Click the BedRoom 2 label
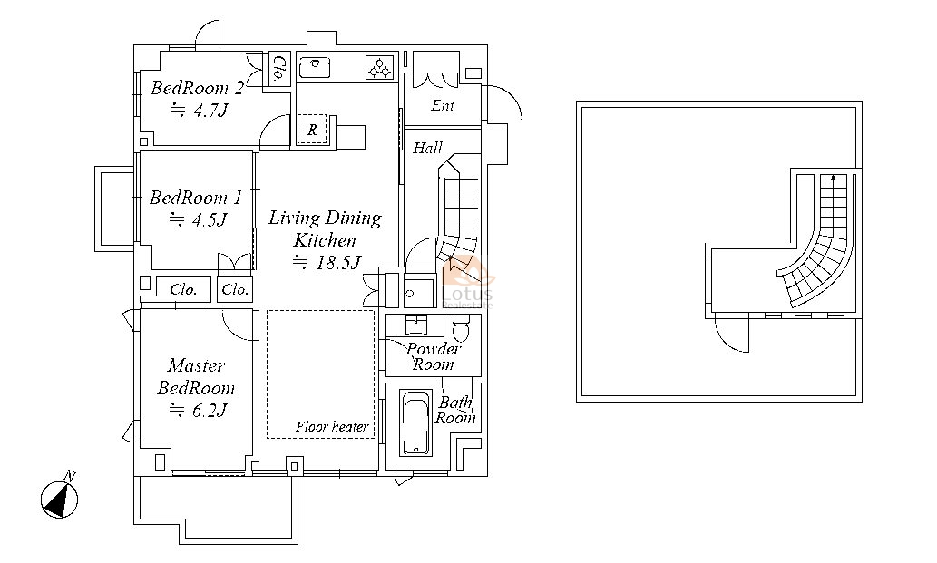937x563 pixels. [197, 88]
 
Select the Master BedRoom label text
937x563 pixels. [196, 377]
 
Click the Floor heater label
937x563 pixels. [332, 427]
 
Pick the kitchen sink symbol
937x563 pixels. [315, 67]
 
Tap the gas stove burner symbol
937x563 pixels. [380, 68]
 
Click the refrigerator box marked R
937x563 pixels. [312, 129]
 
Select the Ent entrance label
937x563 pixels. [443, 106]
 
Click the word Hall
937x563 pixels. [428, 148]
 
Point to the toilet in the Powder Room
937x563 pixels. [461, 328]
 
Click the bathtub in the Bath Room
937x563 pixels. [416, 423]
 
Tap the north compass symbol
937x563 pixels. [59, 500]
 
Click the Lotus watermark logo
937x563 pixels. [468, 282]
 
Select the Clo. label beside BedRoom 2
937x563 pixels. [278, 68]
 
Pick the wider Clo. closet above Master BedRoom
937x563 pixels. [183, 289]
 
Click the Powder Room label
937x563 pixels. [434, 356]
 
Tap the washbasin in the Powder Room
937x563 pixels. [417, 325]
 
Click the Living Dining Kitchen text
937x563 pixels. [325, 228]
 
